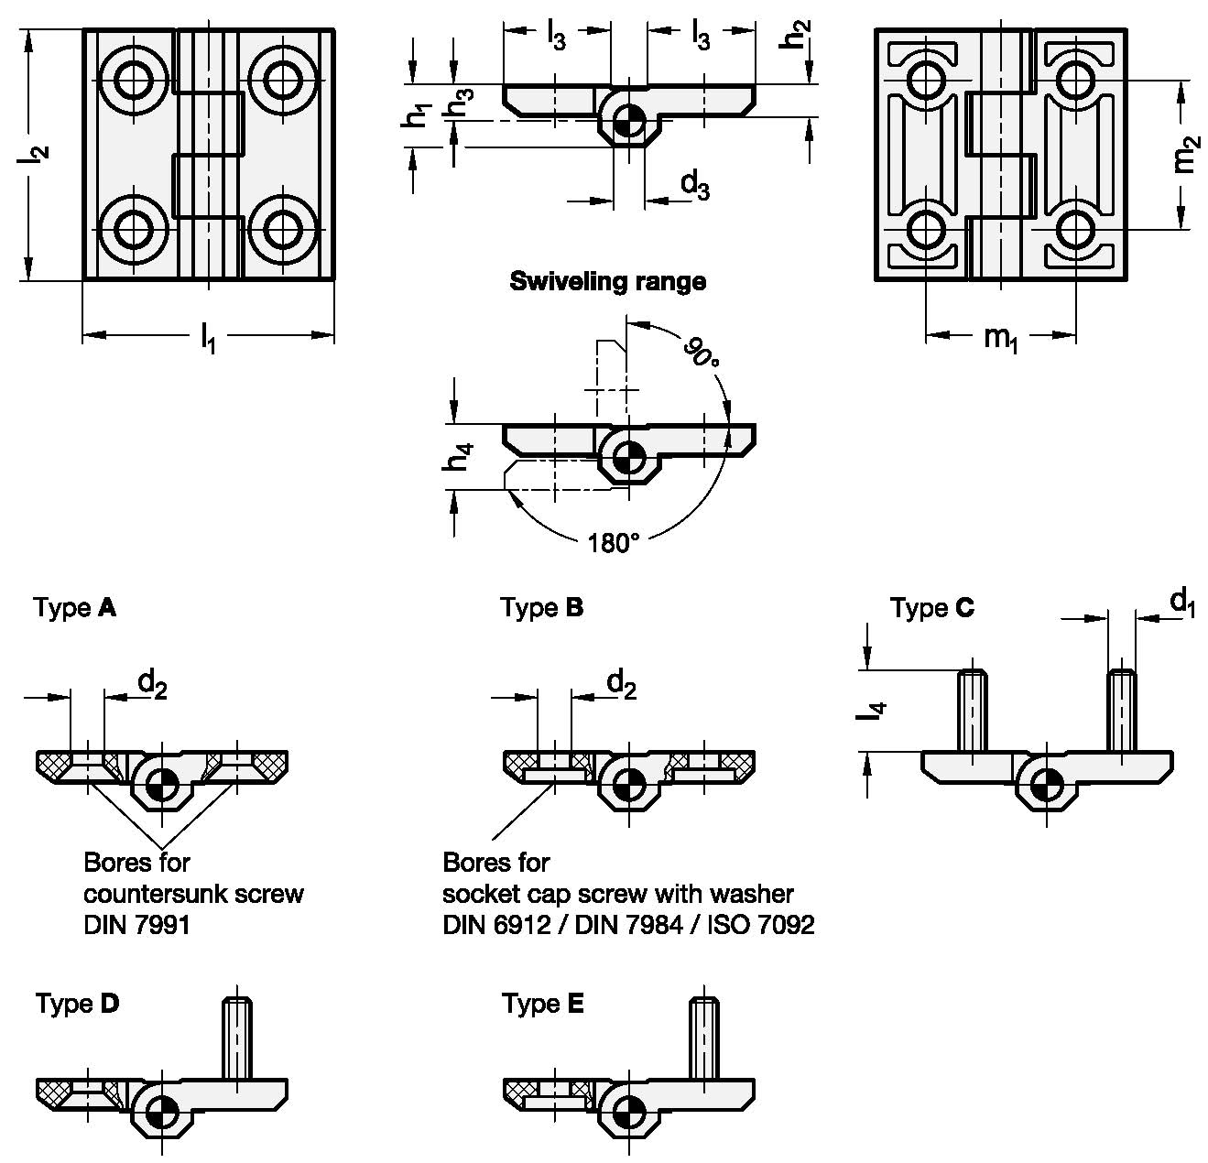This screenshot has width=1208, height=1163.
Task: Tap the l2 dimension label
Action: (35, 157)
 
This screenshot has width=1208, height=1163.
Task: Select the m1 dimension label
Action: (1001, 339)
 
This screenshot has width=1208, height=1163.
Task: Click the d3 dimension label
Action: (694, 186)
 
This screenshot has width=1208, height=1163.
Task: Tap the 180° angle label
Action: (614, 543)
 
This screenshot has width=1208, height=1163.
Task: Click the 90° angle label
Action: (702, 352)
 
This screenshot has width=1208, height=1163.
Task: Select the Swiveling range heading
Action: (607, 281)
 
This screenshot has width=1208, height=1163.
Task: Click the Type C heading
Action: (932, 608)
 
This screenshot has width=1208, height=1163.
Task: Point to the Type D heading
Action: (78, 1004)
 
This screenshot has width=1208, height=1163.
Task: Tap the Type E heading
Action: (543, 1005)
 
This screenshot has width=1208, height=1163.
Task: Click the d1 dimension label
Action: (1183, 603)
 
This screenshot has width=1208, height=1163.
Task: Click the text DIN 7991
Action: (136, 925)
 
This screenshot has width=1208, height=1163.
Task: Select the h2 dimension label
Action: (799, 35)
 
